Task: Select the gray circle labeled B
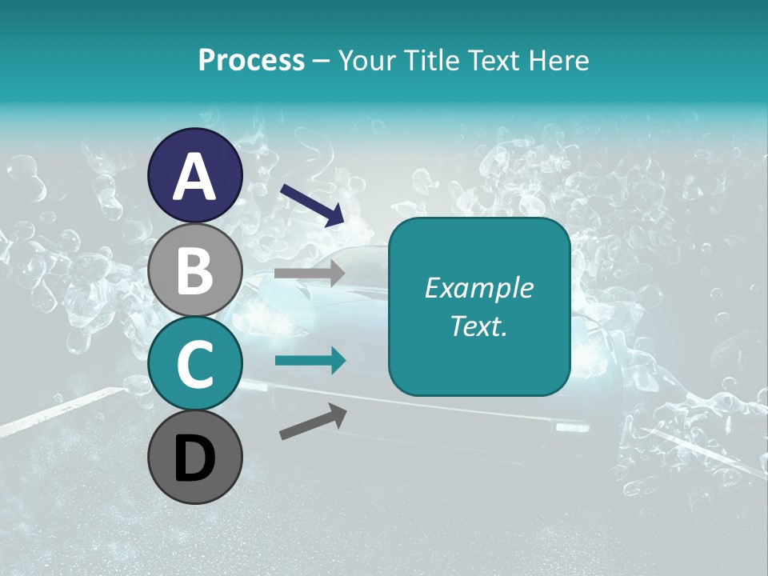(x=194, y=270)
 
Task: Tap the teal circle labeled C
(x=194, y=364)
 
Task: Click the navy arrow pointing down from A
(x=312, y=204)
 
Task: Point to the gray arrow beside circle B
(x=310, y=274)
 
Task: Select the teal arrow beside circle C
(x=310, y=362)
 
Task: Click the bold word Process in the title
(x=251, y=60)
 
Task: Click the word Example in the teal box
(x=478, y=288)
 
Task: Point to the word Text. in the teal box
(x=478, y=326)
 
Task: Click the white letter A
(x=194, y=176)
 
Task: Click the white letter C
(x=194, y=364)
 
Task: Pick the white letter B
(x=194, y=270)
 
